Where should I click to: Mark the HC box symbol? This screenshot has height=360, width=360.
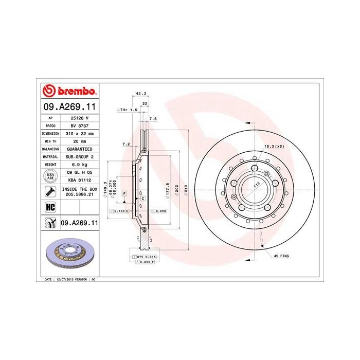(50, 207)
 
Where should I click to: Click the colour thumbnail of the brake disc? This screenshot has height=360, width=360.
(68, 254)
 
